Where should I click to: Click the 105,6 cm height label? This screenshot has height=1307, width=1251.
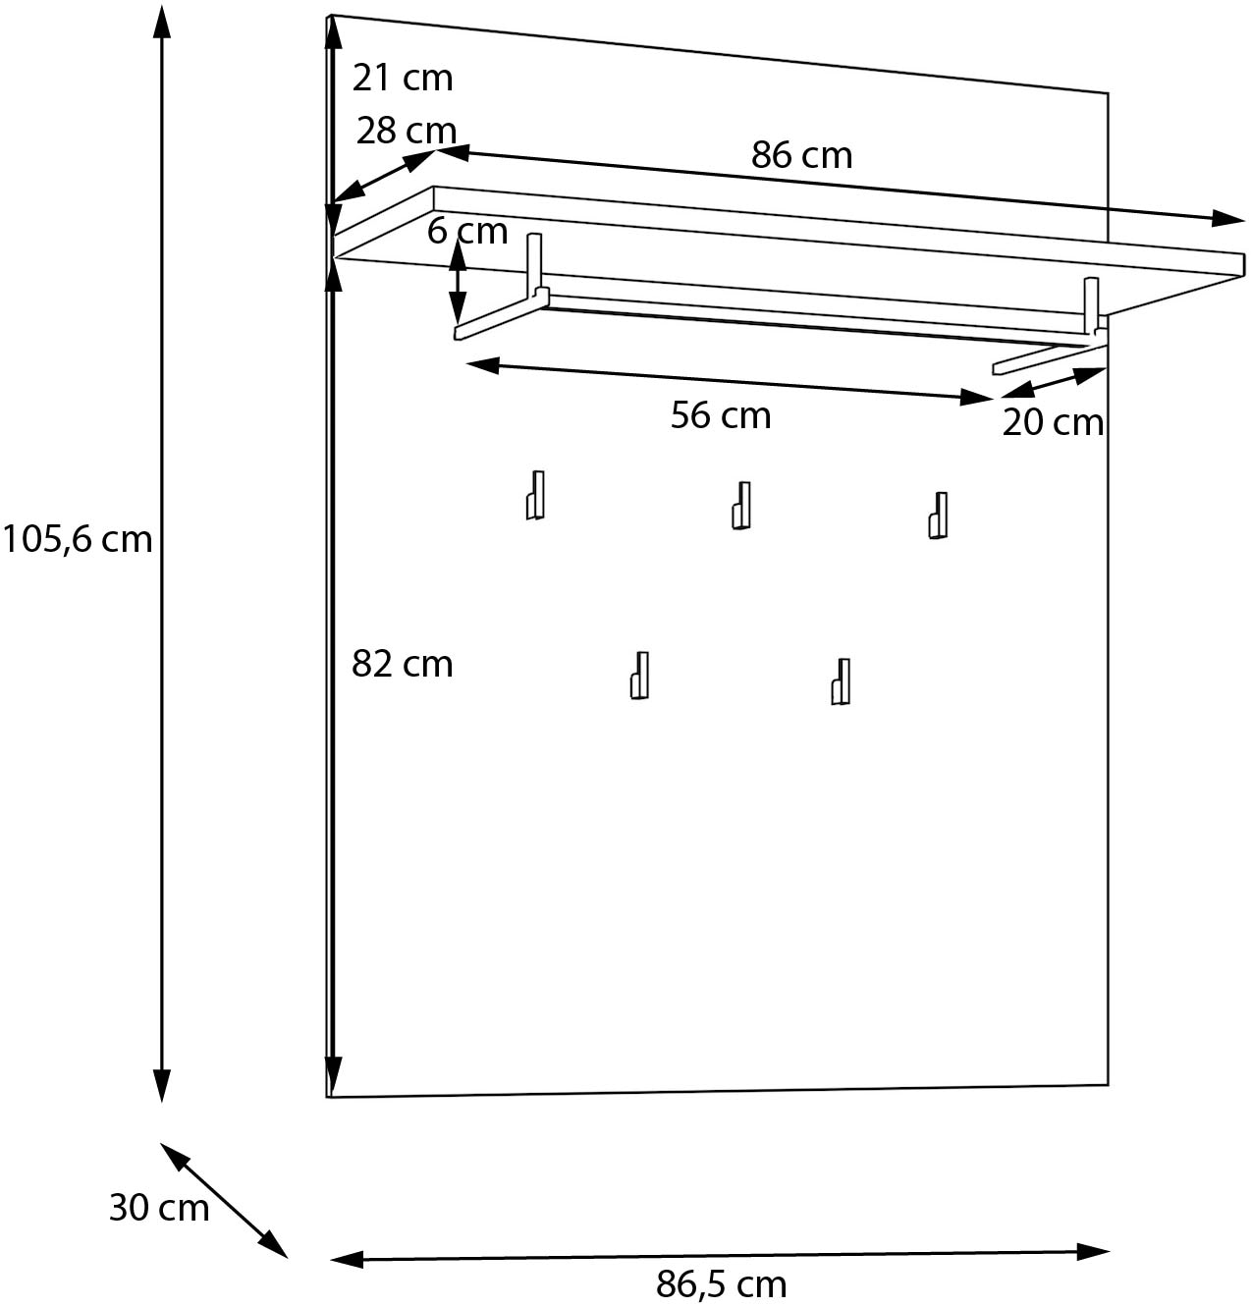click(x=78, y=539)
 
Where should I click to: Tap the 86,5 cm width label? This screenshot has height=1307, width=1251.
click(x=721, y=1284)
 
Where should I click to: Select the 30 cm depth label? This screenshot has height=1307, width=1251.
click(x=159, y=1207)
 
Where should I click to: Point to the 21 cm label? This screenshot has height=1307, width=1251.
click(x=403, y=78)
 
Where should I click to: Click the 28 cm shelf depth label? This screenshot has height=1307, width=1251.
click(x=407, y=131)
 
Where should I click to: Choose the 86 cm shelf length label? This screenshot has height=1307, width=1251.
click(x=802, y=155)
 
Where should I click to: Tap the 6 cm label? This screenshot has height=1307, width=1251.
click(x=467, y=232)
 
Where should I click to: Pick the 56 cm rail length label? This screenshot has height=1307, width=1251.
click(x=721, y=415)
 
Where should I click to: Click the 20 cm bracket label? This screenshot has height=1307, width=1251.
click(x=1053, y=422)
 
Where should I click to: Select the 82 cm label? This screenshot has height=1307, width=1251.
click(x=403, y=665)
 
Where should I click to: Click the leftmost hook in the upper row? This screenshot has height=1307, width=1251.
click(x=535, y=495)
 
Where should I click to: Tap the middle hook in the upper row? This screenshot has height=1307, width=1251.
click(x=741, y=505)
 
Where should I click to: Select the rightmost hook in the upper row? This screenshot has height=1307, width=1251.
click(x=939, y=516)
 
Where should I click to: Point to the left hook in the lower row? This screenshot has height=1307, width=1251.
click(x=640, y=675)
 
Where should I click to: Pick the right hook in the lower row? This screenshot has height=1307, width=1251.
click(x=841, y=681)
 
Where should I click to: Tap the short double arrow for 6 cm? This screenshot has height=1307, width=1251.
click(x=458, y=282)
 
